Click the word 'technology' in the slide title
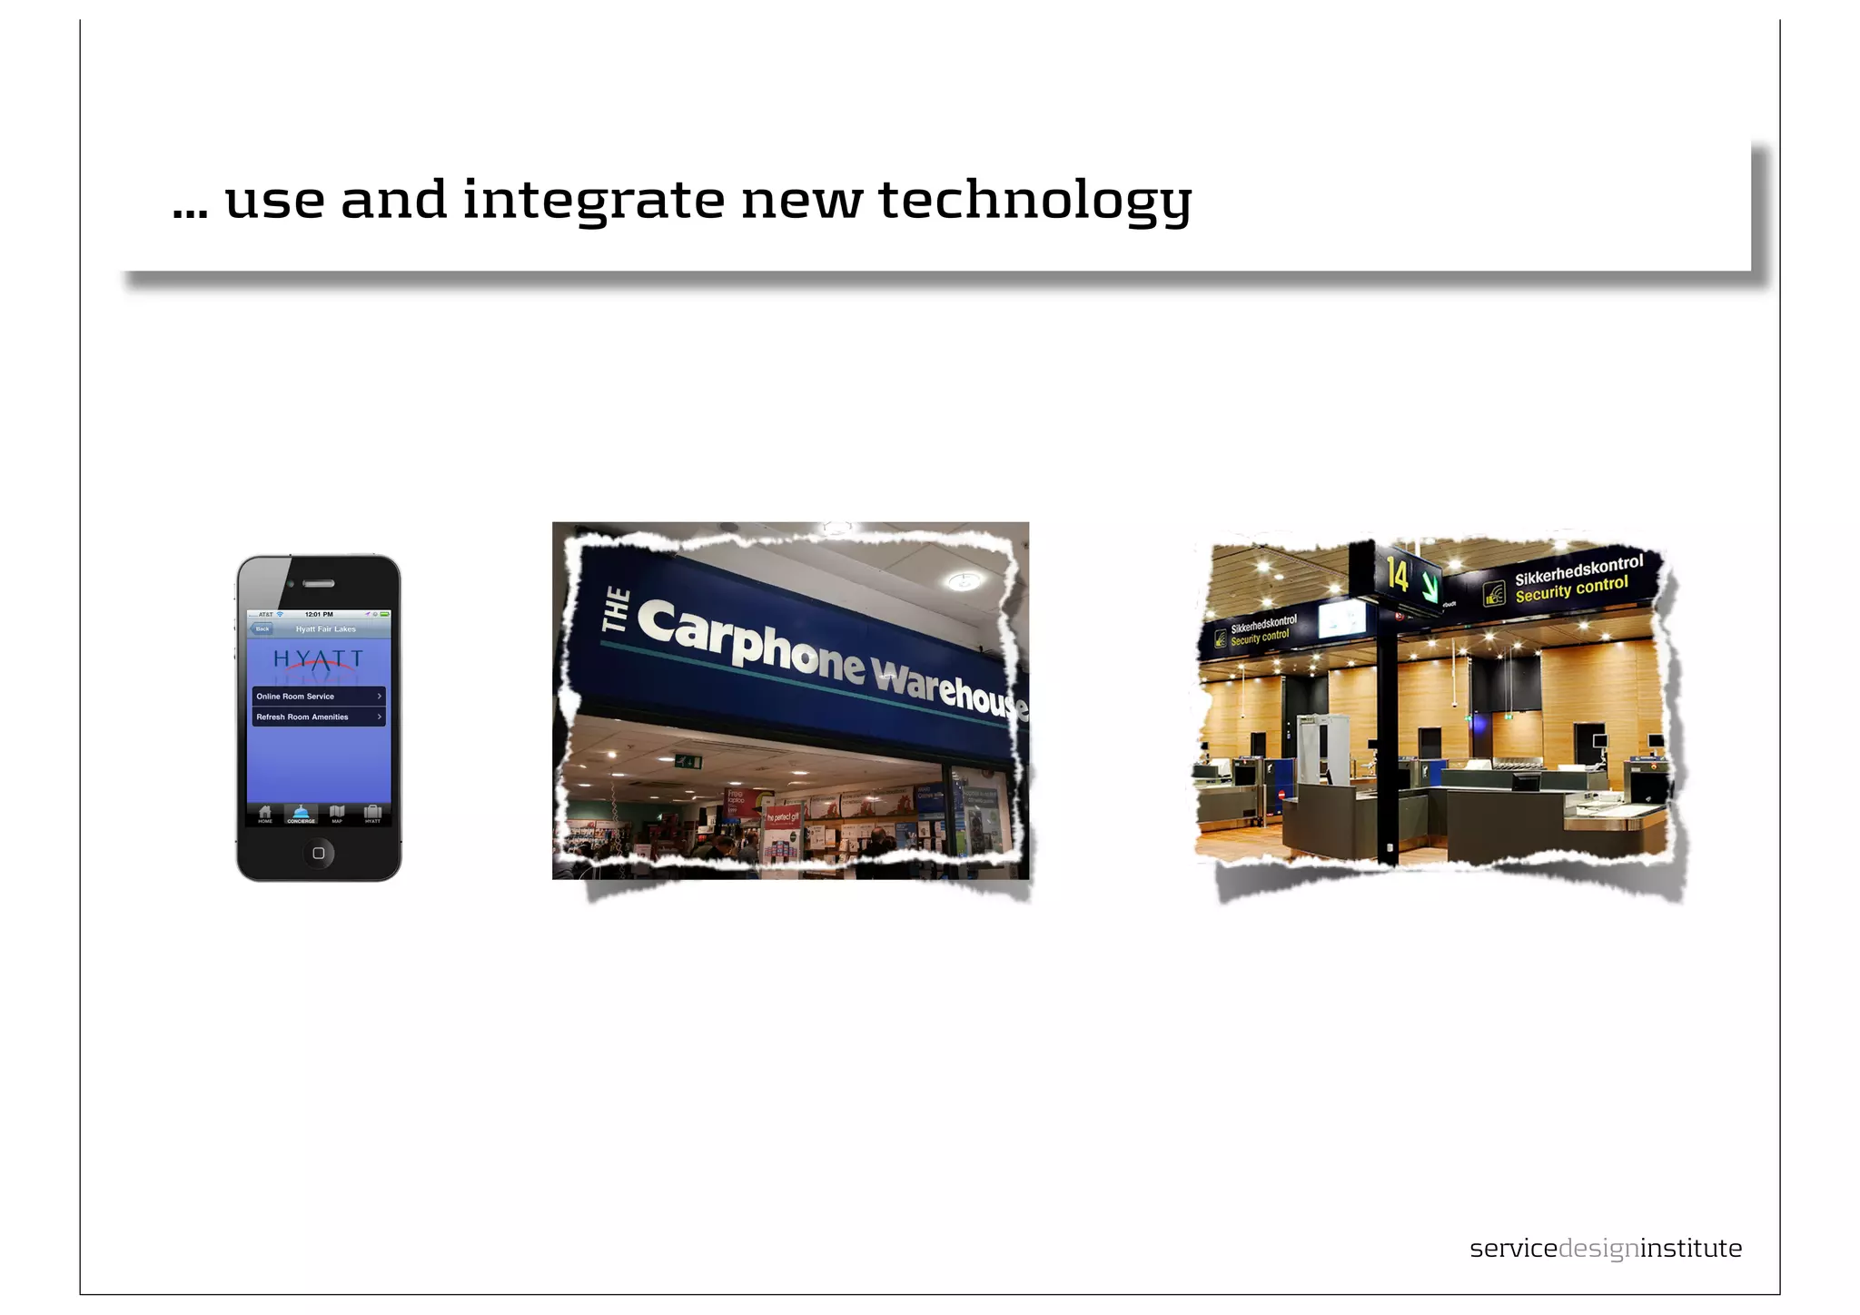coord(1034,200)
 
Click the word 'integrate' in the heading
coord(593,200)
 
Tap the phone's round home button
coord(318,853)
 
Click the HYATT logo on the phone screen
coord(318,658)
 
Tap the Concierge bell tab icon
coord(301,813)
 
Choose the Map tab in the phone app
coord(337,813)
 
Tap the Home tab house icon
coord(265,813)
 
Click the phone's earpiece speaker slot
coord(319,584)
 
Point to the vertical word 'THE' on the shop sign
coord(617,610)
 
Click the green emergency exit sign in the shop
coord(688,761)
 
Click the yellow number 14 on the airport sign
coord(1397,575)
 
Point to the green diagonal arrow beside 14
coord(1430,584)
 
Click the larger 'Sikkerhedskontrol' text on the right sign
coord(1578,570)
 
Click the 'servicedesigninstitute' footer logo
coord(1605,1249)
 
